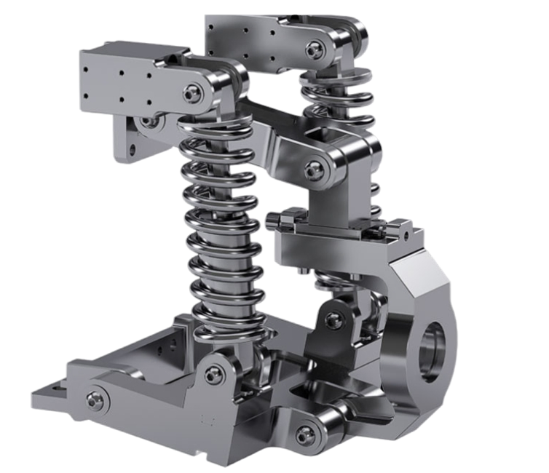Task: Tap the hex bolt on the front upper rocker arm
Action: (192, 93)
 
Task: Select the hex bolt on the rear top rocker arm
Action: (315, 49)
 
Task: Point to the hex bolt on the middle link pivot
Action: (315, 170)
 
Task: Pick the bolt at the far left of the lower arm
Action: (95, 400)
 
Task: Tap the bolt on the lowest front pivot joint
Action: (305, 434)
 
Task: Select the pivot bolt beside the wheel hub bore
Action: (333, 319)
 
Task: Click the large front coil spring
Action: (219, 233)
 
